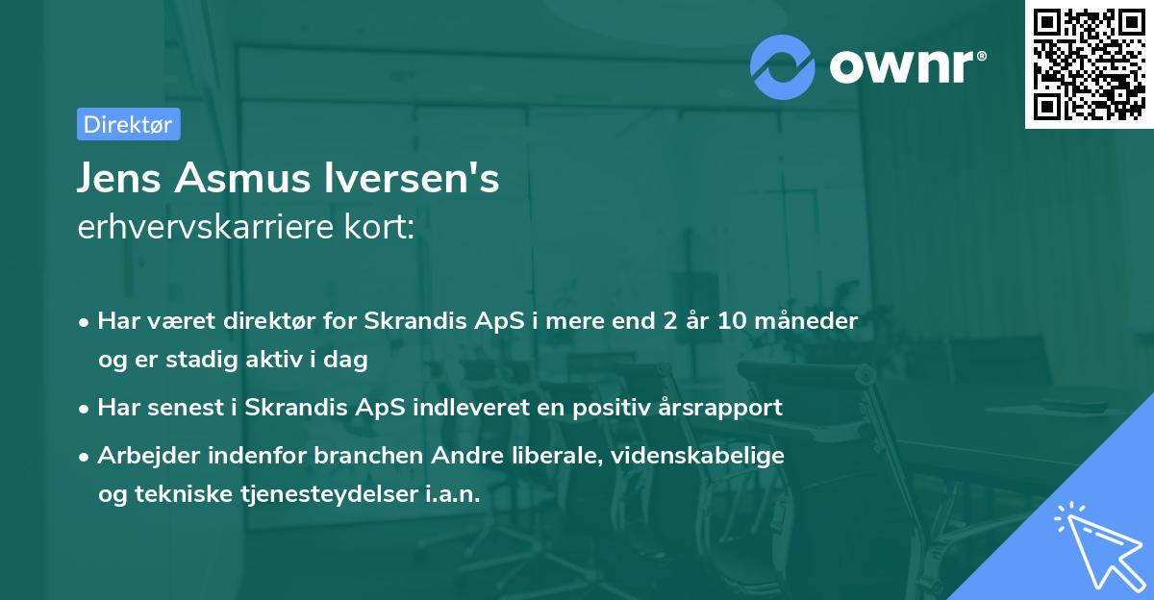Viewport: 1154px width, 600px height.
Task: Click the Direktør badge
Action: point(128,124)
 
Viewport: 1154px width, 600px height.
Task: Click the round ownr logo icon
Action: point(782,66)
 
